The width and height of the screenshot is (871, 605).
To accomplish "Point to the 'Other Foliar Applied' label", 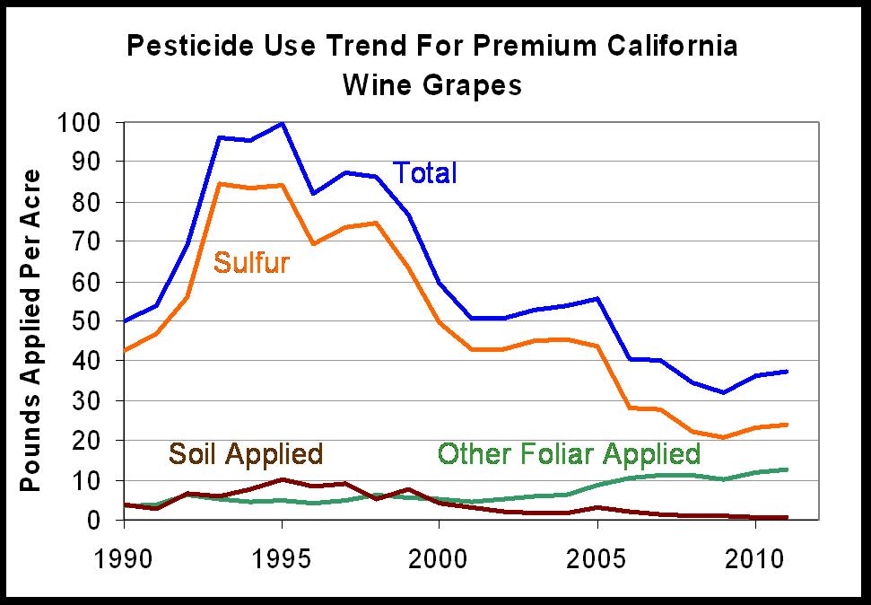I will pos(569,453).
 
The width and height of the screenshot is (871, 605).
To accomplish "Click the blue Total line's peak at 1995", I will pos(283,123).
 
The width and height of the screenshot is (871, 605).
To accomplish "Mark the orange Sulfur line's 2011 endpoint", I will pos(787,425).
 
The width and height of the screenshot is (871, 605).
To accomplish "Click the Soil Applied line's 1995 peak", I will pos(283,479).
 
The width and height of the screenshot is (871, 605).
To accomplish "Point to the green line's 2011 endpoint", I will pos(787,469).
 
